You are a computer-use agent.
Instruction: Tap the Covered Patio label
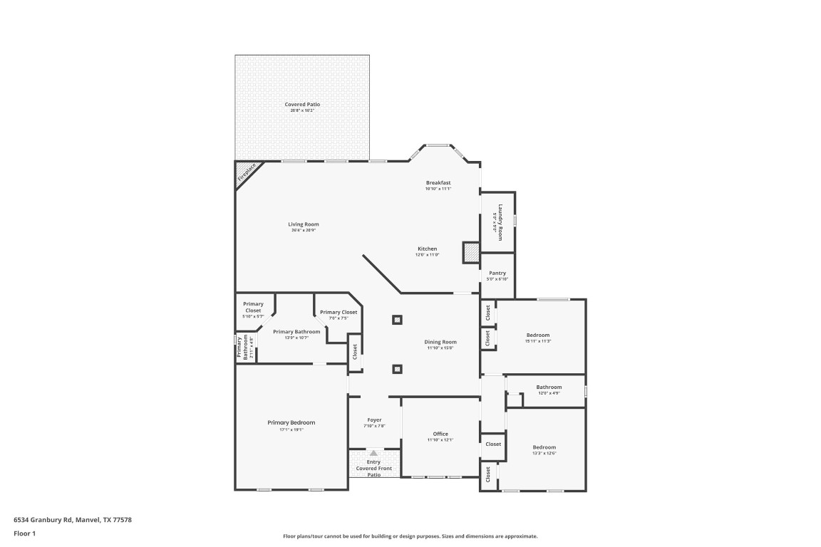coord(302,105)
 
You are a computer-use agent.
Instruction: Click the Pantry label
coord(497,273)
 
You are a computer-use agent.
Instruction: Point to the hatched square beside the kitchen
coord(472,252)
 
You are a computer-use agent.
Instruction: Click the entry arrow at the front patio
coord(373,453)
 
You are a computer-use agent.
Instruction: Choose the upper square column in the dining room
coord(397,320)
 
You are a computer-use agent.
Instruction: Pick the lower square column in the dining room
coord(397,369)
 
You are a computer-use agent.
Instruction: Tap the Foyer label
coord(374,420)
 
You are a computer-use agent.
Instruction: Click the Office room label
coord(440,434)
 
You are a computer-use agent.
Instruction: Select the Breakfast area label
coord(438,182)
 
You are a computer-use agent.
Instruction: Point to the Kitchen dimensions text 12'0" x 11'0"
coord(428,255)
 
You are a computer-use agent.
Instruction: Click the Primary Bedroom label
coord(291,422)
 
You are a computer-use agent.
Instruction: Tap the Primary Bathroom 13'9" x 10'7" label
coord(296,332)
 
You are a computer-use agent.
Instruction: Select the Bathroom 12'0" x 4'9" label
coord(549,387)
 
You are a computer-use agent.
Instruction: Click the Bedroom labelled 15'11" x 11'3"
coord(538,335)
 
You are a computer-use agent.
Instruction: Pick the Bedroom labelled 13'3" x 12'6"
coord(544,447)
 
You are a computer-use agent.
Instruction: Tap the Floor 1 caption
coord(24,533)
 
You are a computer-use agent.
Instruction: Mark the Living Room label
coord(303,224)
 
